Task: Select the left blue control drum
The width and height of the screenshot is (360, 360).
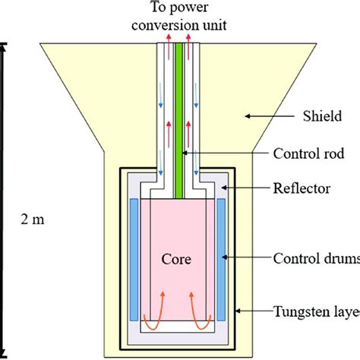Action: (x=134, y=259)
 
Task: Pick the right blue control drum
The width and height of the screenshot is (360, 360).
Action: (x=221, y=259)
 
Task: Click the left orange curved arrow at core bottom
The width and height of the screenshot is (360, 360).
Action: (x=150, y=299)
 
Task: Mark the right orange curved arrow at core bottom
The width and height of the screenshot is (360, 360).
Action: (x=206, y=299)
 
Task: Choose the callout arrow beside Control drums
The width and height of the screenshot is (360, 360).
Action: (x=251, y=259)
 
